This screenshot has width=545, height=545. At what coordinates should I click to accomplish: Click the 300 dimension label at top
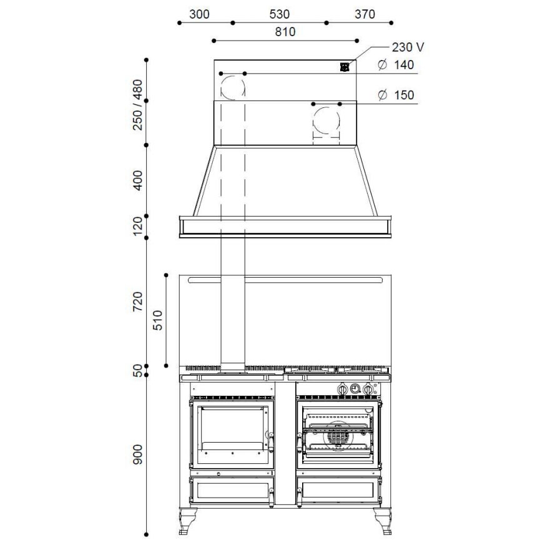click(x=199, y=14)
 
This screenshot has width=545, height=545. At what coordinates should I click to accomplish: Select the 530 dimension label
click(x=280, y=14)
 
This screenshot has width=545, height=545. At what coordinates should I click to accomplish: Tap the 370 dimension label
click(x=365, y=14)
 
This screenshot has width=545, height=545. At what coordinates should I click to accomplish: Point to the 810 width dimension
click(x=285, y=32)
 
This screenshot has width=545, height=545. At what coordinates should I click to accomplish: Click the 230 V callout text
click(x=408, y=47)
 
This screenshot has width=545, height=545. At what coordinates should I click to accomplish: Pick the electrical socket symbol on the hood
click(x=345, y=67)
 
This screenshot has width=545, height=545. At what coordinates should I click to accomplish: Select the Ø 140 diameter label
click(x=396, y=65)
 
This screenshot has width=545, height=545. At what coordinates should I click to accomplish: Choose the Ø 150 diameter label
click(x=396, y=95)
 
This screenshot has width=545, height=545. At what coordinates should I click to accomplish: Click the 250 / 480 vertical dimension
click(x=138, y=105)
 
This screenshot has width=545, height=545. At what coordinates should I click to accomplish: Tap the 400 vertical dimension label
click(x=138, y=180)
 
